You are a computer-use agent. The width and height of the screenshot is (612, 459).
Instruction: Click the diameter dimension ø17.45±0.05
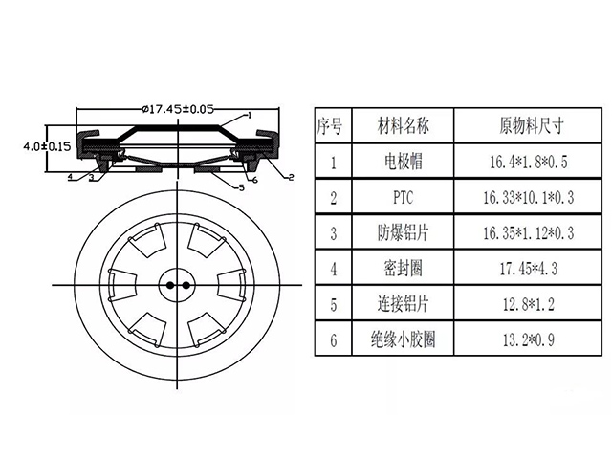tap(176, 109)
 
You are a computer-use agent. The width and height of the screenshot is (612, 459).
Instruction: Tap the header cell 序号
tap(333, 124)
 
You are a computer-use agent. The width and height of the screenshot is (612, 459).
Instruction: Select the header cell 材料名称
tap(402, 124)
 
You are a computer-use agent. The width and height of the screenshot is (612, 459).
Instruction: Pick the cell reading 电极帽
tap(402, 162)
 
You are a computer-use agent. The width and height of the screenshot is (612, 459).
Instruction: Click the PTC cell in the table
tap(402, 198)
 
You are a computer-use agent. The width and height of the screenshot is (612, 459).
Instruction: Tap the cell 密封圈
tap(402, 270)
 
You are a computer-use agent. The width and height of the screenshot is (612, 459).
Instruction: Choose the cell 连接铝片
tap(402, 305)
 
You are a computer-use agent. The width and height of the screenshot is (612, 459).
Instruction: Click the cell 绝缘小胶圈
tap(402, 340)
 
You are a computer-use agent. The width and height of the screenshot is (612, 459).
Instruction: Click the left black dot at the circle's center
tap(168, 285)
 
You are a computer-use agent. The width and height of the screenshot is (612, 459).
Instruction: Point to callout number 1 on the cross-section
tap(250, 114)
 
